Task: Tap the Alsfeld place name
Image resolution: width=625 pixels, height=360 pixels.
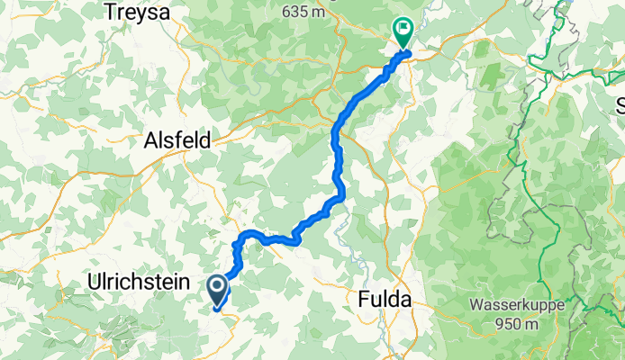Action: pyautogui.click(x=177, y=140)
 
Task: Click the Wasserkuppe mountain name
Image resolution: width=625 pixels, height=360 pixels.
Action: pyautogui.click(x=516, y=305)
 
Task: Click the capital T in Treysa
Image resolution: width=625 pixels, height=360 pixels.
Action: pyautogui.click(x=113, y=13)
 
